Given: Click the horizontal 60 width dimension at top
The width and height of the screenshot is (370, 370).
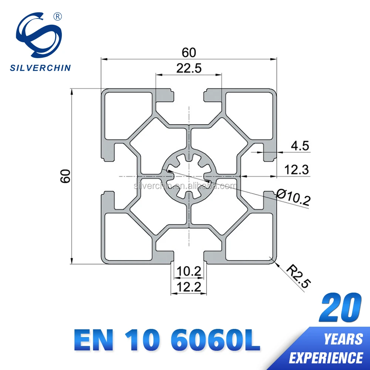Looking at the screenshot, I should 189,53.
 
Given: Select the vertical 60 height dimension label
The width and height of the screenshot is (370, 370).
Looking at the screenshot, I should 66,176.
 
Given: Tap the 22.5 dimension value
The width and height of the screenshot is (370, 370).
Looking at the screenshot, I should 189,68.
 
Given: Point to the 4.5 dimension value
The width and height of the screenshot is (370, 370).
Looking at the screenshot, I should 299,146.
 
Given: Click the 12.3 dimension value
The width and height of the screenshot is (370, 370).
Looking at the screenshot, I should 296,170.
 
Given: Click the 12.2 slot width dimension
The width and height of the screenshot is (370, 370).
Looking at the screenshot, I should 189,286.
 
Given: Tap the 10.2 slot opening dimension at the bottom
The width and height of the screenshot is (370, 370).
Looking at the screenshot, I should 189,272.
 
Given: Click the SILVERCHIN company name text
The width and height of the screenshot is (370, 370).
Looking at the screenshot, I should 40,68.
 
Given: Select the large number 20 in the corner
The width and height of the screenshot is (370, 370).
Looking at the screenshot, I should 340,307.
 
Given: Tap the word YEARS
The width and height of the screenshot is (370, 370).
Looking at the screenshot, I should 343,339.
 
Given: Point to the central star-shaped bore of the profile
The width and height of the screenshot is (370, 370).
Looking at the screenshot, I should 189,176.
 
